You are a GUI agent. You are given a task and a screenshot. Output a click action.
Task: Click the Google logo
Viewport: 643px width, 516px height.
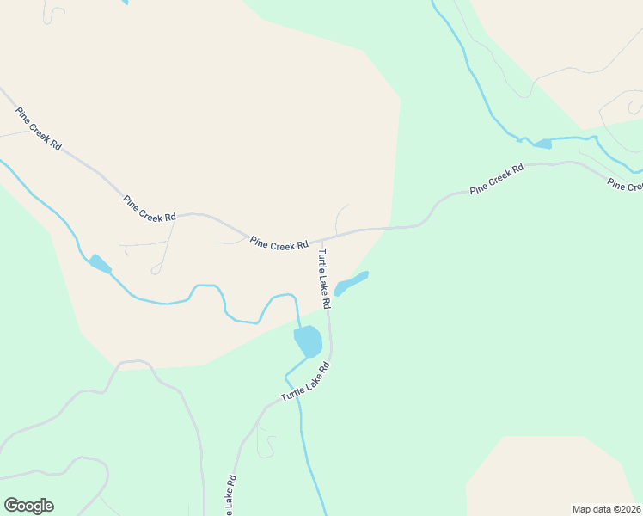[28, 506]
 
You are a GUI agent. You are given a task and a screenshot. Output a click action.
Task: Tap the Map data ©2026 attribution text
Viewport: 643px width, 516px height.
[606, 509]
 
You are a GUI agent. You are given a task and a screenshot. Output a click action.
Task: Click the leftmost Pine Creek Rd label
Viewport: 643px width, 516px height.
[38, 129]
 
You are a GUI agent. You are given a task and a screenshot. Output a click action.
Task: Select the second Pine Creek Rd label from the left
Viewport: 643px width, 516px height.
[150, 209]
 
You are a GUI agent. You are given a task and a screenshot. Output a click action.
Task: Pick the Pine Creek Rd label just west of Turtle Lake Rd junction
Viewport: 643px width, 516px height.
[279, 244]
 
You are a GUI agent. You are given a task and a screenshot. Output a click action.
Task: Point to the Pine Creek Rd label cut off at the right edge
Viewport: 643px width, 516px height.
[624, 185]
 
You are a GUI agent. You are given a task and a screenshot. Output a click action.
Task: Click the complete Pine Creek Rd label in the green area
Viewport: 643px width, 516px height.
[496, 179]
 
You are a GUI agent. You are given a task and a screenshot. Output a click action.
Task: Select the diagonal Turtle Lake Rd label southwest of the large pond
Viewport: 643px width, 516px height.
[305, 383]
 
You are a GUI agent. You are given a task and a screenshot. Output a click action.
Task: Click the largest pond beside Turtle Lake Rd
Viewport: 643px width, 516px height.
[309, 341]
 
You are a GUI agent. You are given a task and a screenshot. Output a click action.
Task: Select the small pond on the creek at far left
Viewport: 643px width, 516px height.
[100, 264]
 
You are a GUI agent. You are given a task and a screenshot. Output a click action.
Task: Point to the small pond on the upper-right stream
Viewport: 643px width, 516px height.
[542, 144]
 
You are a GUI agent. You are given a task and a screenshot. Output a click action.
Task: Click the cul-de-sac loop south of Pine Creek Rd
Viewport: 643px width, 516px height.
[156, 270]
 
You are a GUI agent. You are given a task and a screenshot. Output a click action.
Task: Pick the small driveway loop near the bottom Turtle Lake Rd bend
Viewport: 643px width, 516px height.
[269, 446]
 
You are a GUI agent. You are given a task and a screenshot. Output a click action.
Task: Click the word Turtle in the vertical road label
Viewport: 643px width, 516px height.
[322, 261]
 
